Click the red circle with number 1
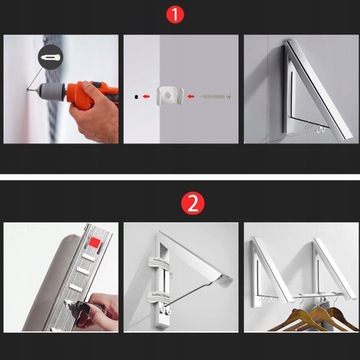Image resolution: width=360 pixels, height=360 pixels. tap(175, 15)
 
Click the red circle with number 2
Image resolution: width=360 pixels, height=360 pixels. tap(193, 203)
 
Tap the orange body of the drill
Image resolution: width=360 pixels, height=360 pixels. tap(89, 95)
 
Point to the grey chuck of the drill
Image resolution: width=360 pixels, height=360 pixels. tap(52, 90)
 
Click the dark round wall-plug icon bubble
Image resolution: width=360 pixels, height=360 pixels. tap(51, 57)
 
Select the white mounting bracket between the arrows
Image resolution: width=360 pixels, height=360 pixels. tap(170, 96)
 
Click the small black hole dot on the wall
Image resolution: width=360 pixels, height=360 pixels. tap(136, 97)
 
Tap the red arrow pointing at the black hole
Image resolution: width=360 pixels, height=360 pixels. tap(146, 97)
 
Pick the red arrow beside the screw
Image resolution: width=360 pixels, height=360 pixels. tap(190, 97)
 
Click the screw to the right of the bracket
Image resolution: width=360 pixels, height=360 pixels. tap(216, 96)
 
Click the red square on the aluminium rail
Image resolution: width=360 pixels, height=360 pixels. tap(94, 242)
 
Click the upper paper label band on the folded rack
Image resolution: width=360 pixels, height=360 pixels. tap(159, 261)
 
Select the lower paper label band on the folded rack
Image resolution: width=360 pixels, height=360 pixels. tap(159, 296)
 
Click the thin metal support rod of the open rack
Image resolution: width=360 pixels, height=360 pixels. tap(190, 294)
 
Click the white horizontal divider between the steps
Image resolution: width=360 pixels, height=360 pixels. tap(180, 177)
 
